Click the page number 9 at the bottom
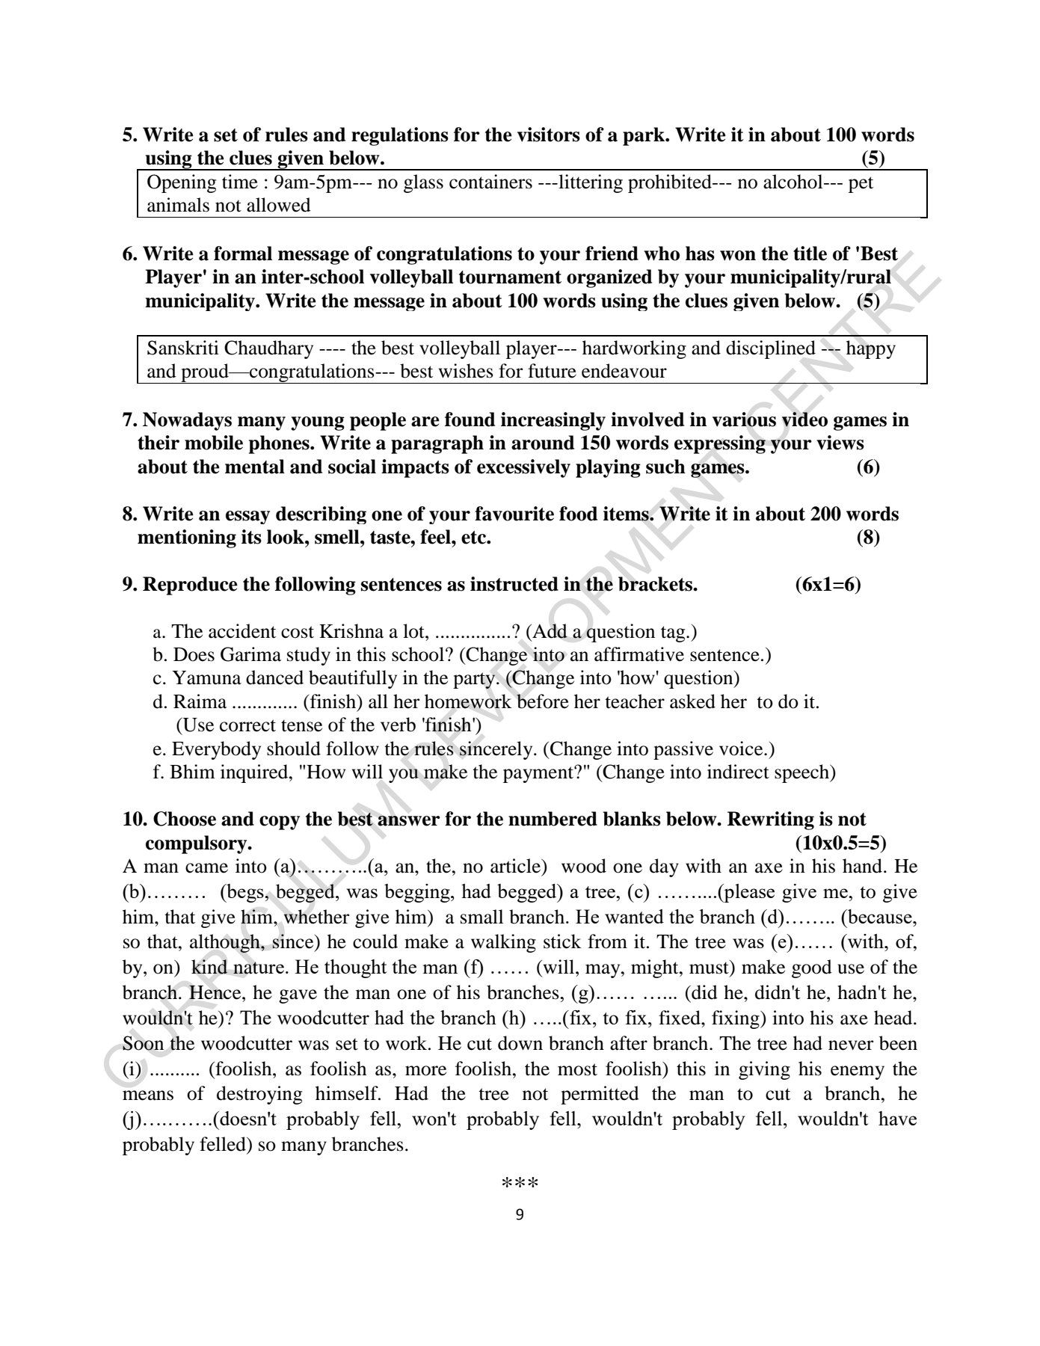click(520, 1214)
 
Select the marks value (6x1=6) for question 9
click(828, 585)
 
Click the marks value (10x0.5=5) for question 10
click(840, 843)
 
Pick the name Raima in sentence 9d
click(200, 702)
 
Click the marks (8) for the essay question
click(867, 538)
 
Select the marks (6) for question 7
click(867, 467)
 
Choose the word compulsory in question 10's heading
click(197, 843)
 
